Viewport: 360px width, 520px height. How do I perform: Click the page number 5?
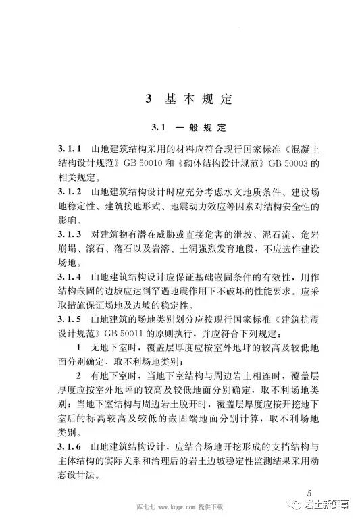(310, 491)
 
